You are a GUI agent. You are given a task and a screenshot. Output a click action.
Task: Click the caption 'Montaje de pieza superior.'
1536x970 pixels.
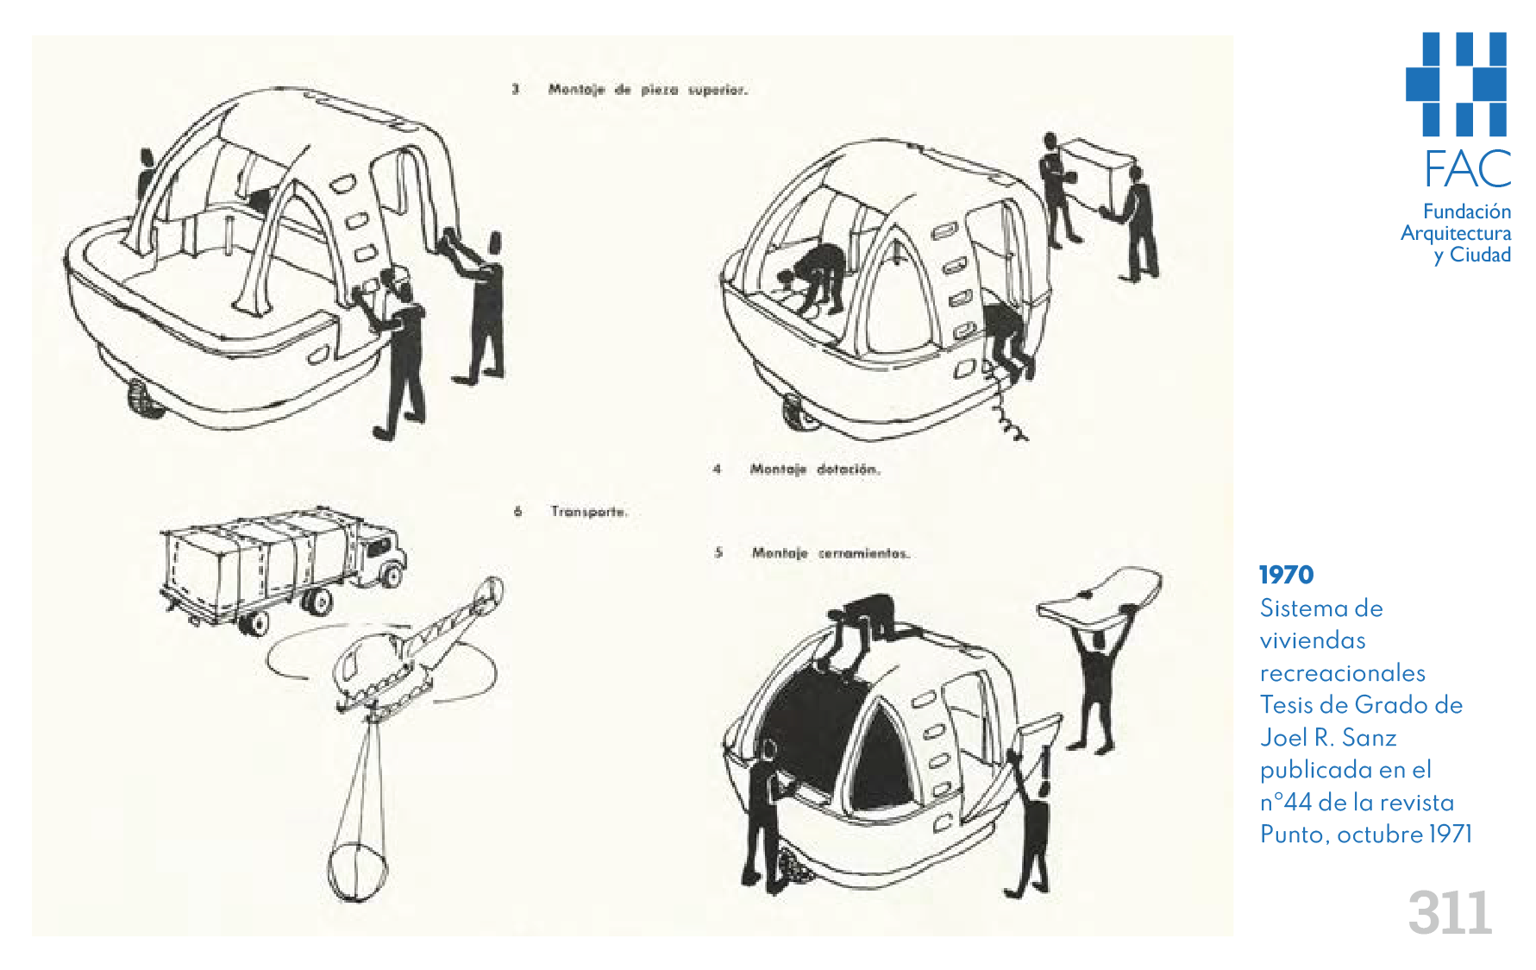pyautogui.click(x=648, y=90)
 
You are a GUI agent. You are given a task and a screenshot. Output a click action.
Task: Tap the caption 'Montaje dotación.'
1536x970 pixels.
pyautogui.click(x=815, y=469)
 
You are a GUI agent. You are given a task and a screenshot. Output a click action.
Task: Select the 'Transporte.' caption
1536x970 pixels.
pyautogui.click(x=589, y=512)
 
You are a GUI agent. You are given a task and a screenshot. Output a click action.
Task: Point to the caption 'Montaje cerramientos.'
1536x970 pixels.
pyautogui.click(x=831, y=553)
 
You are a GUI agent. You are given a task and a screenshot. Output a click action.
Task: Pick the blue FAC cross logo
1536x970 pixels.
pyautogui.click(x=1457, y=84)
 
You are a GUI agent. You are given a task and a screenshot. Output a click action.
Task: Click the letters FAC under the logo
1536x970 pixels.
pyautogui.click(x=1467, y=169)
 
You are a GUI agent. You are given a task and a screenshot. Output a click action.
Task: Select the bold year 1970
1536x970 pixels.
pyautogui.click(x=1286, y=575)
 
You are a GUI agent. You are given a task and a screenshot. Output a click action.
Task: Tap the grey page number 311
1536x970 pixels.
pyautogui.click(x=1449, y=913)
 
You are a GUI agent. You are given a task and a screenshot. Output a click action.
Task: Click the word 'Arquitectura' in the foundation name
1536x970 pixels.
pyautogui.click(x=1455, y=233)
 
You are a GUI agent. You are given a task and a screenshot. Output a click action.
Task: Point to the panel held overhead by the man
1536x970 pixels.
pyautogui.click(x=1098, y=595)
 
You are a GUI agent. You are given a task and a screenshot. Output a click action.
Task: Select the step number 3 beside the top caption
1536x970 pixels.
pyautogui.click(x=515, y=89)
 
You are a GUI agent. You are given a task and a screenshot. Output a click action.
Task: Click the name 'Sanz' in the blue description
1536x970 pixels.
pyautogui.click(x=1369, y=738)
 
